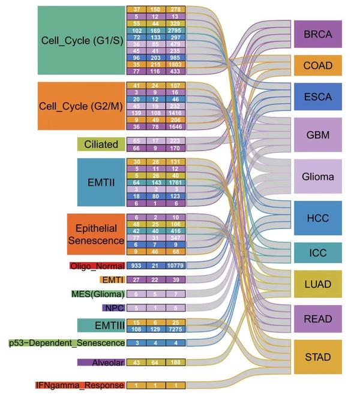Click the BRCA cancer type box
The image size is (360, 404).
pyautogui.click(x=317, y=34)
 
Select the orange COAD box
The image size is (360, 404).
pyautogui.click(x=317, y=65)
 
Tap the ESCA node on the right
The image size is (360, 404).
pyautogui.click(x=317, y=95)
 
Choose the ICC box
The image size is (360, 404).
pyautogui.click(x=317, y=252)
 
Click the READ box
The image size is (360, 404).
pyautogui.click(x=317, y=318)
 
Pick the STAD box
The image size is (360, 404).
pyautogui.click(x=317, y=357)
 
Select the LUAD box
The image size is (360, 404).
pyautogui.click(x=317, y=284)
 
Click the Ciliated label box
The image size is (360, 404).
pyautogui.click(x=100, y=144)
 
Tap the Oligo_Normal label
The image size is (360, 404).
pyautogui.click(x=97, y=266)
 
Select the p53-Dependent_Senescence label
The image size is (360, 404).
pyautogui.click(x=67, y=343)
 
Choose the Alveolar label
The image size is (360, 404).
pyautogui.click(x=100, y=362)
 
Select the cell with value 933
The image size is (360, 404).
pyautogui.click(x=137, y=266)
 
